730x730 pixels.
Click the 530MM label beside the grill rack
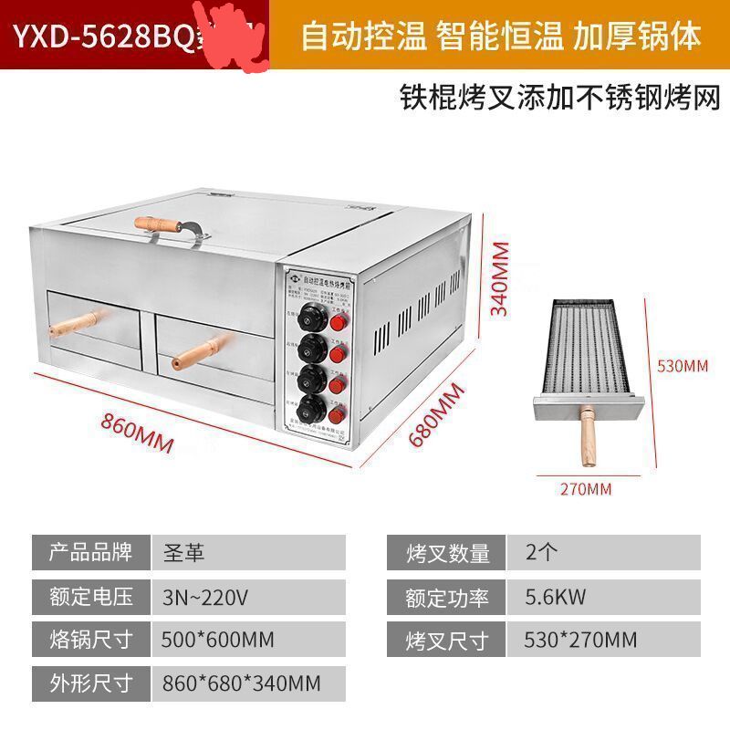[x=683, y=366]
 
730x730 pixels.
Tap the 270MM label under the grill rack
[x=585, y=488]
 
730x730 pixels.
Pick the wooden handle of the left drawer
[x=77, y=323]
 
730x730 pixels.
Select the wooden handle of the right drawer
[x=204, y=348]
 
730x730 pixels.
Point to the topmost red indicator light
[x=339, y=323]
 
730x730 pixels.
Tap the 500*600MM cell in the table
[x=217, y=639]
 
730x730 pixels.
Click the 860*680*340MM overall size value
[x=240, y=682]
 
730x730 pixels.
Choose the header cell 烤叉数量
[x=448, y=553]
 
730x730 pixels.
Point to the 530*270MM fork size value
[x=581, y=639]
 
